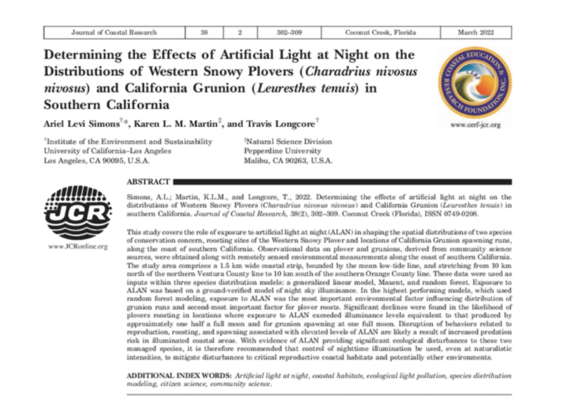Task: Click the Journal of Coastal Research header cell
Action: click(114, 33)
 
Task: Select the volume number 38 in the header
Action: click(203, 33)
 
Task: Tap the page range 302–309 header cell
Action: click(289, 33)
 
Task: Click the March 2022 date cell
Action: click(476, 33)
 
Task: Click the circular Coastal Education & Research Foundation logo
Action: click(474, 82)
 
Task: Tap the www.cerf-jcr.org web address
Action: click(475, 125)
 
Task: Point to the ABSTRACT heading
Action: click(149, 182)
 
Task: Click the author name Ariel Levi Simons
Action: click(76, 123)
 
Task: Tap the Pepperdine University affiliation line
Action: click(283, 151)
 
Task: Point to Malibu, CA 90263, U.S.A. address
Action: click(288, 160)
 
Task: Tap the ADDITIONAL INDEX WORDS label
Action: click(179, 376)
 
